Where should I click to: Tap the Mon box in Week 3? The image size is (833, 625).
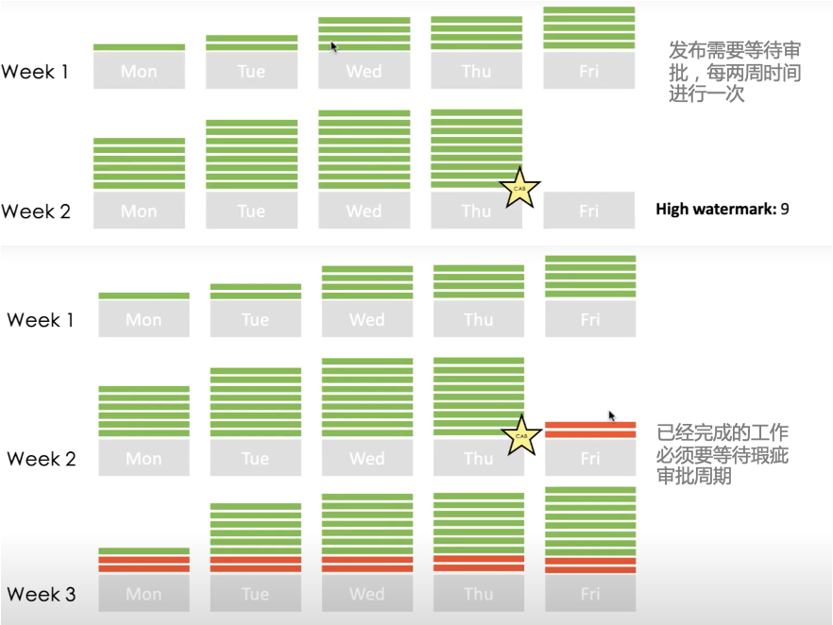pos(144,594)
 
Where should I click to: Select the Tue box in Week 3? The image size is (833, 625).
pos(255,594)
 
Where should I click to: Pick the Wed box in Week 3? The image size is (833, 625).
pos(366,594)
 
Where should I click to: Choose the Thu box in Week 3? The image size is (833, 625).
pos(478,594)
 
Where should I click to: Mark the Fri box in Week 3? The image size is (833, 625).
pos(590,594)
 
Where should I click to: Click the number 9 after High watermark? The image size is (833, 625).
pos(784,208)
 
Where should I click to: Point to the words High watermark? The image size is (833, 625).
pos(715,208)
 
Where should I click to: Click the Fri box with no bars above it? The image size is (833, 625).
pos(589,211)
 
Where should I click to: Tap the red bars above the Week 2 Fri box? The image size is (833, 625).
pos(590,430)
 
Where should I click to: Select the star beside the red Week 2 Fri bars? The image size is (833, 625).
pos(519,436)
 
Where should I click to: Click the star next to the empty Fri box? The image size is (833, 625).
pos(518,188)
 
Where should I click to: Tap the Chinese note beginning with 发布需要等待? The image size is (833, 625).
pos(735,72)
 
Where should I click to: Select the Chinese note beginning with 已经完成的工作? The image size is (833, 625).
pos(722,455)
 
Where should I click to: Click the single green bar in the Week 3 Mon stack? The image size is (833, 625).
pos(144,550)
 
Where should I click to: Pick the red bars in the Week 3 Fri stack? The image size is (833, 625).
pos(590,565)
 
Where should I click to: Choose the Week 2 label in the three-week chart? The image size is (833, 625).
pos(41,459)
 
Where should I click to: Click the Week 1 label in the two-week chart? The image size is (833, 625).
pos(35,72)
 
